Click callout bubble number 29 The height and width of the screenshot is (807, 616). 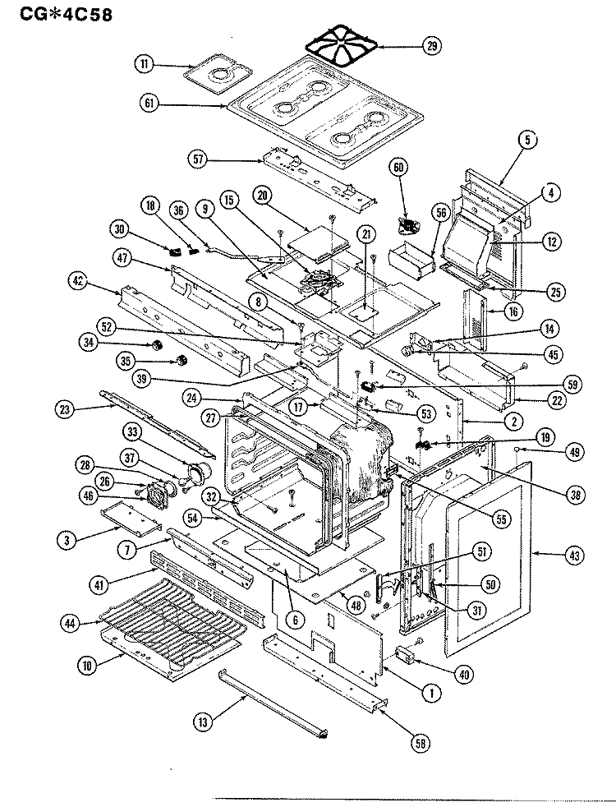coord(431,46)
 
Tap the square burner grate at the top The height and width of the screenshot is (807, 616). coord(342,44)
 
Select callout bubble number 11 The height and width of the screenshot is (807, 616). coord(144,65)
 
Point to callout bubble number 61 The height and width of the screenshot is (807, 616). coord(149,104)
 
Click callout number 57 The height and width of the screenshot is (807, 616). coord(199,159)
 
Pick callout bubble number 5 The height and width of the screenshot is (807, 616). coord(527,140)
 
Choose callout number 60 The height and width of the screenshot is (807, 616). coord(398,167)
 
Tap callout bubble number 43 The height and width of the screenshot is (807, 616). coord(574,556)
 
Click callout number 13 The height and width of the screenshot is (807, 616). coord(203,722)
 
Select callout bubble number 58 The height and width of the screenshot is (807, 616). coord(420,743)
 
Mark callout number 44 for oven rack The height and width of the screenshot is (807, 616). coord(71,624)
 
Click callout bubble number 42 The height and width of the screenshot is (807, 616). coord(77,282)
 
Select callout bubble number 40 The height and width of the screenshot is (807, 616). coord(464,674)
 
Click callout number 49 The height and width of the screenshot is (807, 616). coord(574,452)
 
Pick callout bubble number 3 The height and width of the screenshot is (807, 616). coord(67,540)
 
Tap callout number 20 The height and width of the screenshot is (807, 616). coord(263,196)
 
